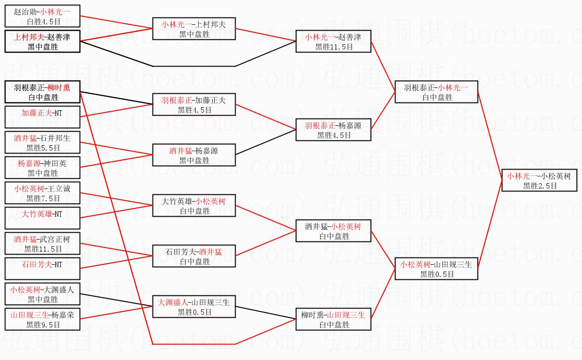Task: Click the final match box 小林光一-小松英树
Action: [539, 180]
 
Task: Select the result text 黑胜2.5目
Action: [539, 186]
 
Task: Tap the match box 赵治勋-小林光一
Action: [42, 16]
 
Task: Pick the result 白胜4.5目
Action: [42, 21]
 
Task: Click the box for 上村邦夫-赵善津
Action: [42, 41]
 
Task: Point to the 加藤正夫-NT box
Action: [42, 117]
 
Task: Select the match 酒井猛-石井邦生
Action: [42, 142]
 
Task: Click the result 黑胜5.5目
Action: [42, 148]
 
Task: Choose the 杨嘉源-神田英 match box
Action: [42, 168]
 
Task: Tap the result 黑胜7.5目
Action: [42, 198]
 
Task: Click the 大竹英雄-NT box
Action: [42, 218]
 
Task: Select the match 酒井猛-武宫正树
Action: [42, 243]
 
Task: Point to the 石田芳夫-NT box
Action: [42, 269]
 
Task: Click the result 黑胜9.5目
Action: [42, 325]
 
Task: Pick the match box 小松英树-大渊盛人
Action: [42, 294]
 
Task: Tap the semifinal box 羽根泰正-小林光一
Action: [437, 92]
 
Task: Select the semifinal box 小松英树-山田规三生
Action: [437, 269]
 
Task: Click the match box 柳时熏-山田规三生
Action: [334, 319]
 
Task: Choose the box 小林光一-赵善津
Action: [334, 41]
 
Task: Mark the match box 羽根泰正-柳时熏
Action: [42, 92]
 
